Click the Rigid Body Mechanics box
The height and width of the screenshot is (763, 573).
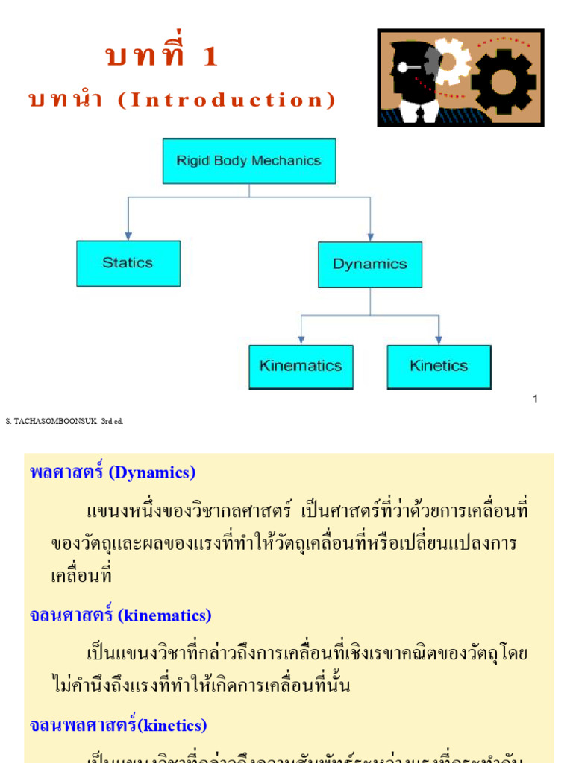(x=248, y=161)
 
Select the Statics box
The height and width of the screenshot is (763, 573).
(x=128, y=263)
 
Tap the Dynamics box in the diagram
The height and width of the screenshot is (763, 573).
(x=369, y=265)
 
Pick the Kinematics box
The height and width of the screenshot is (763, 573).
(x=301, y=367)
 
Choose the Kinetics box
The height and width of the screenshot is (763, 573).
(x=439, y=367)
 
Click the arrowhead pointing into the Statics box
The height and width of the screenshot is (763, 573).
(x=128, y=235)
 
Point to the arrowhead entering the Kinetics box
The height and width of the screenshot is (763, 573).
(x=439, y=340)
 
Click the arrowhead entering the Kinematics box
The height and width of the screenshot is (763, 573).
(x=301, y=340)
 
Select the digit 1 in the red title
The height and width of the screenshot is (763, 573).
(x=209, y=57)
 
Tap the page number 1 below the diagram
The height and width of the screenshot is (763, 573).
(x=535, y=399)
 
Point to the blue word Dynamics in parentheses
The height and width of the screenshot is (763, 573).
(x=151, y=472)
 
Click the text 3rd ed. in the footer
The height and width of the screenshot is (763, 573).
(x=112, y=422)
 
